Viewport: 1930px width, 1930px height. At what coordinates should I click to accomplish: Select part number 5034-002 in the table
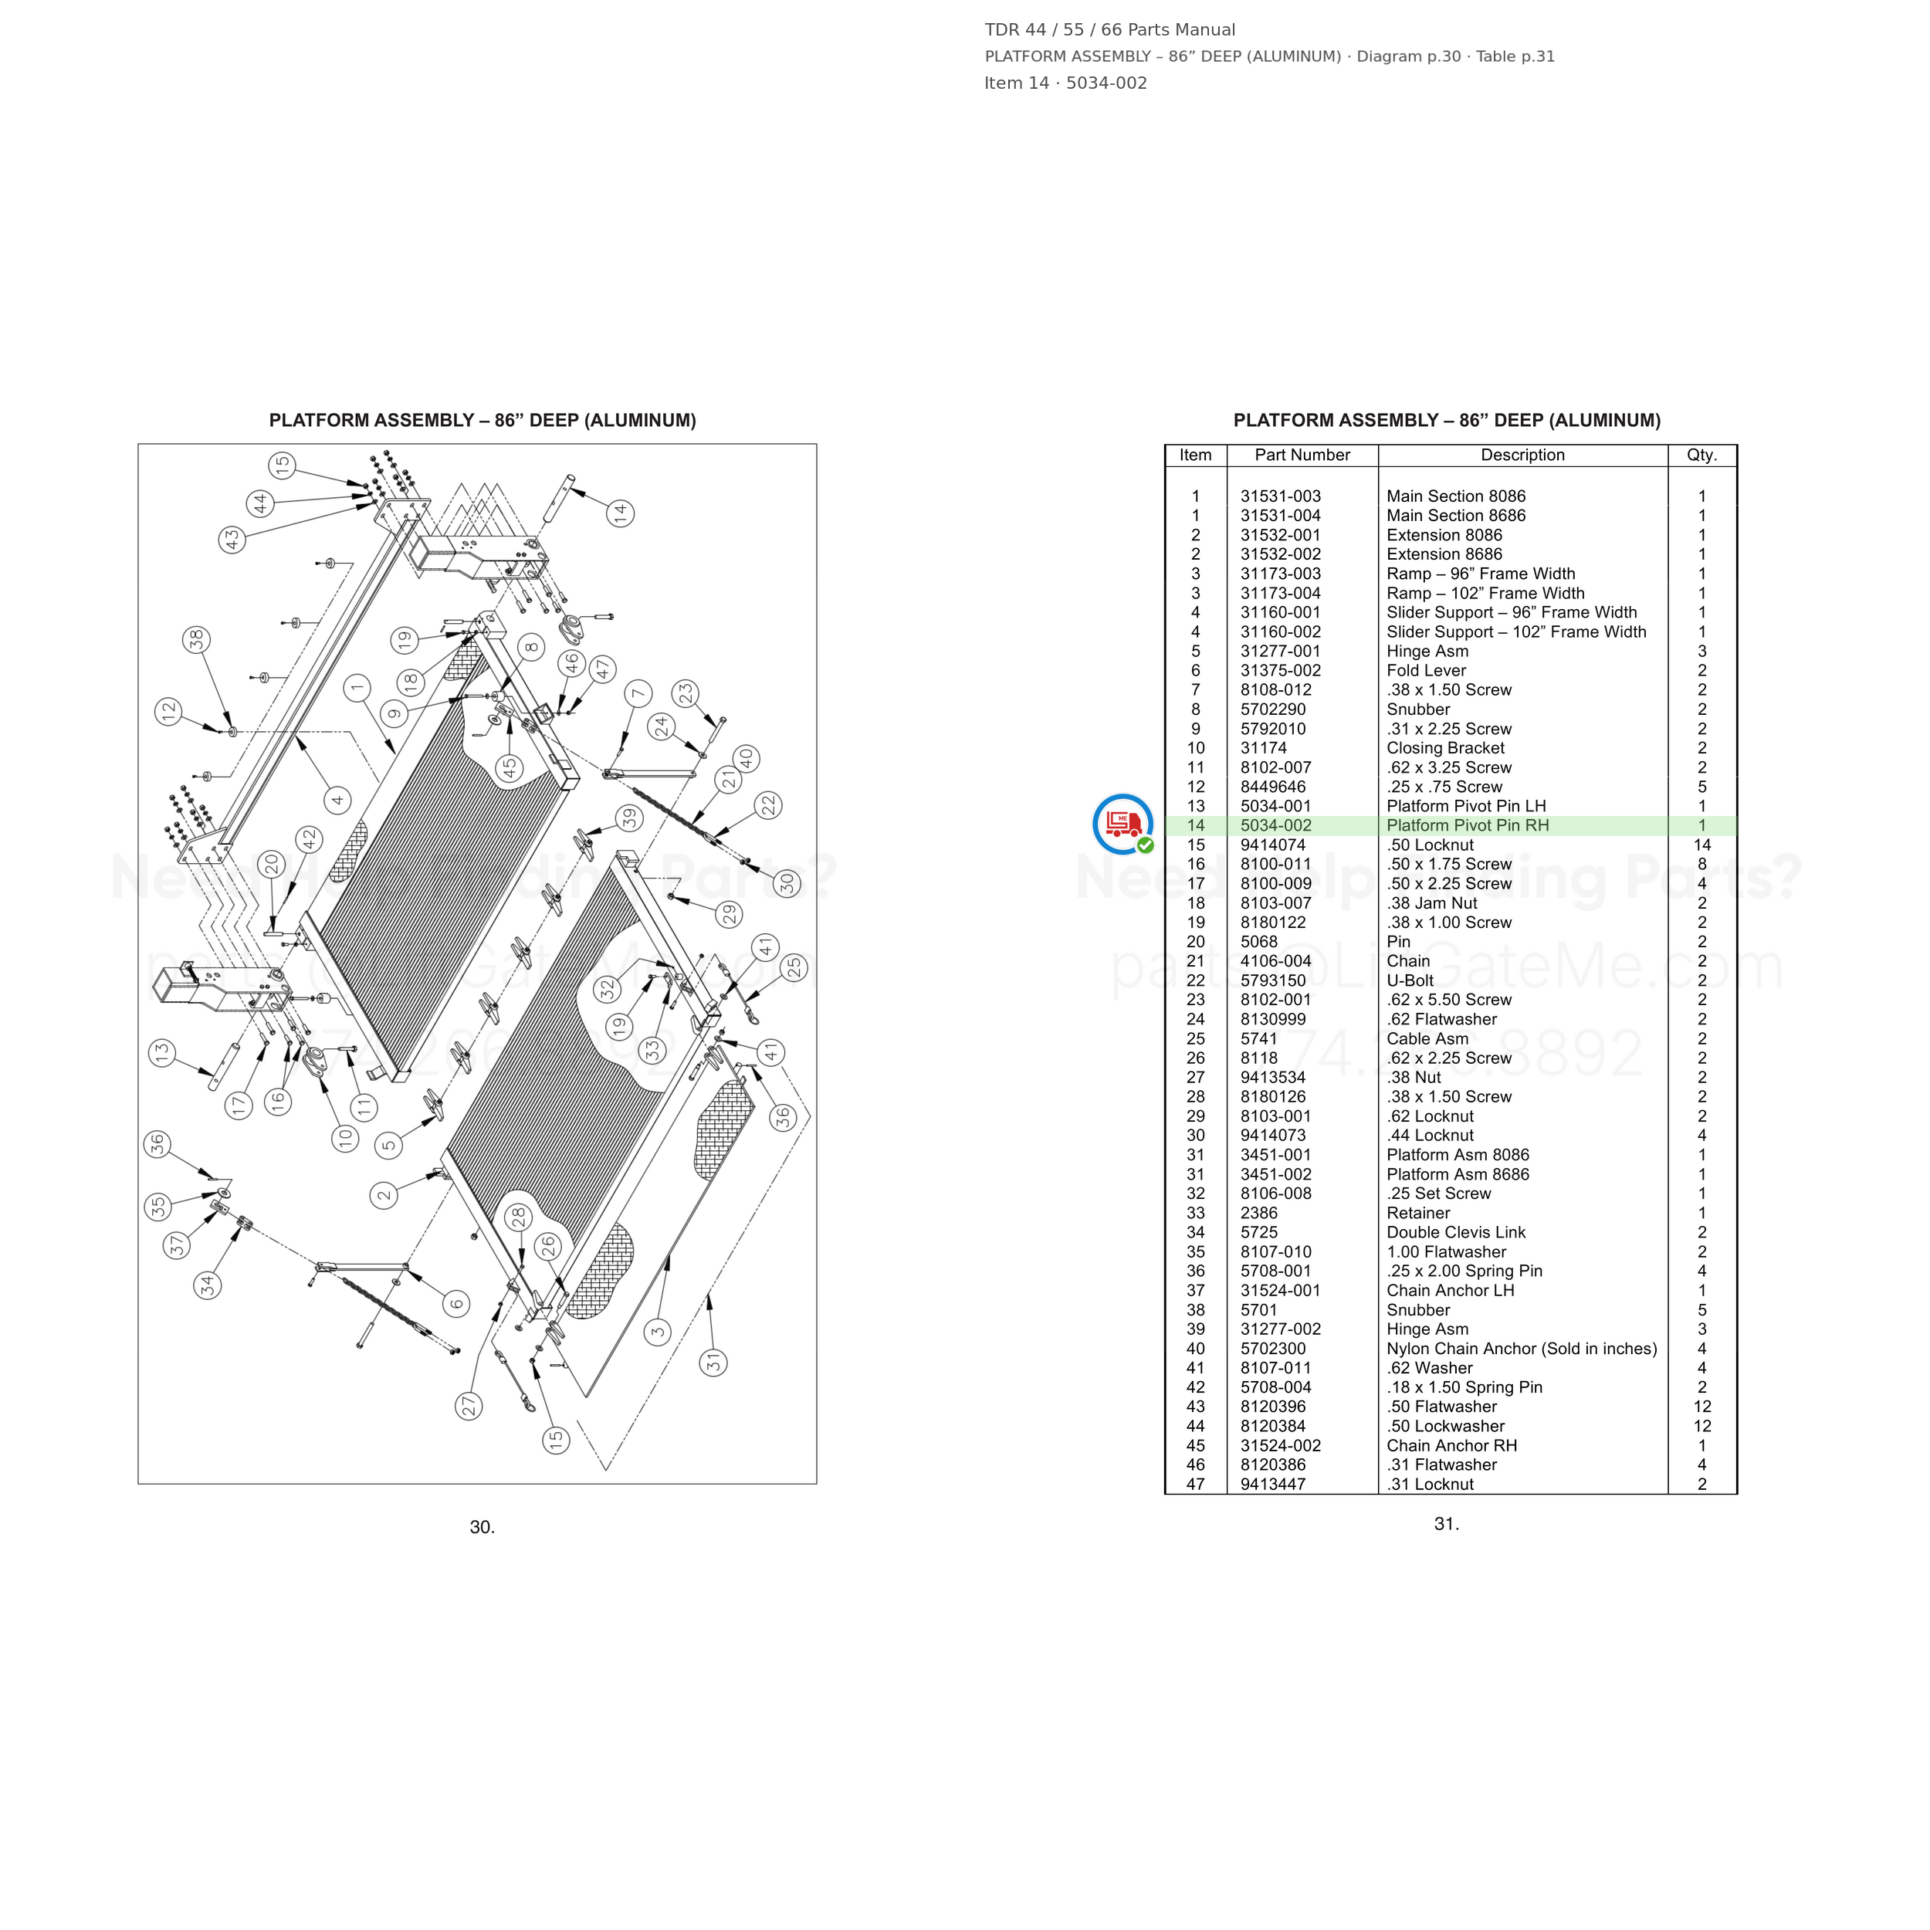pyautogui.click(x=1277, y=826)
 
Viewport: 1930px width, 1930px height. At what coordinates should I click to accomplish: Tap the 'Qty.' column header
pyautogui.click(x=1702, y=455)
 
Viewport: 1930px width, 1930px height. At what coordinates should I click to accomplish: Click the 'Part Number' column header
pyautogui.click(x=1302, y=455)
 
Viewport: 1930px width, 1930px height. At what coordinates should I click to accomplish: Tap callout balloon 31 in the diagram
pyautogui.click(x=713, y=1363)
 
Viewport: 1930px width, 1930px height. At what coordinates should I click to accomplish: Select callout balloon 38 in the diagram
pyautogui.click(x=197, y=639)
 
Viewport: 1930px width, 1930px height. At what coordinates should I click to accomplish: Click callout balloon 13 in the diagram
pyautogui.click(x=163, y=1053)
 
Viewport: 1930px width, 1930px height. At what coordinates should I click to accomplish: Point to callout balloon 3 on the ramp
pyautogui.click(x=657, y=1332)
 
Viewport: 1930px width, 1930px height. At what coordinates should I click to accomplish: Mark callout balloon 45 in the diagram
pyautogui.click(x=510, y=768)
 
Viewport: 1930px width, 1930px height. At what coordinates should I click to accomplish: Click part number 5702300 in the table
pyautogui.click(x=1273, y=1349)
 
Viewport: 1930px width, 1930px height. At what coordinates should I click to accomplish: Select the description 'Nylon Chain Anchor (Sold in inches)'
pyautogui.click(x=1522, y=1349)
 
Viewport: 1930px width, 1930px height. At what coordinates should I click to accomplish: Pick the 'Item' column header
pyautogui.click(x=1196, y=455)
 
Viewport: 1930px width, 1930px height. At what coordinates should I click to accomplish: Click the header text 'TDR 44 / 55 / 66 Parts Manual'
pyautogui.click(x=1110, y=30)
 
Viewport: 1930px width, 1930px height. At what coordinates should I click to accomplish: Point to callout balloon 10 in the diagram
pyautogui.click(x=346, y=1138)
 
